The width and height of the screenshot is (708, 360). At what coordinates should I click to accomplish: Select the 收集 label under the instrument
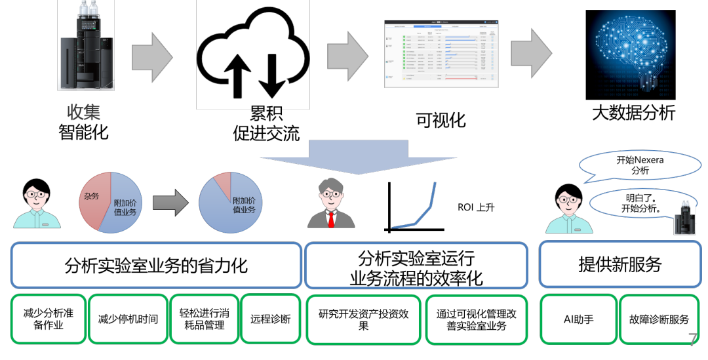(x=83, y=112)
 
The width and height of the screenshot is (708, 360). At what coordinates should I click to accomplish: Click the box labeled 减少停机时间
(x=128, y=319)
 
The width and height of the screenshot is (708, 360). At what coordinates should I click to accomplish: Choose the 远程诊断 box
(x=270, y=319)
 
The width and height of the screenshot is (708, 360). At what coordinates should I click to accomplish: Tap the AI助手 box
(x=578, y=319)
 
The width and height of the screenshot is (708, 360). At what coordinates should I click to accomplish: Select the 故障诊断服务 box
(x=659, y=319)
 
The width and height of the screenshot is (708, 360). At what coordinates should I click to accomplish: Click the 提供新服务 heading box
(x=619, y=264)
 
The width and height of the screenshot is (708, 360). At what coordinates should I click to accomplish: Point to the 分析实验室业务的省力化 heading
(x=156, y=265)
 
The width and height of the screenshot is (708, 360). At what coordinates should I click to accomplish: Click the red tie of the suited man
(x=332, y=219)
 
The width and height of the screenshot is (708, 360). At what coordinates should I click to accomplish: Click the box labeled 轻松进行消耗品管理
(x=205, y=319)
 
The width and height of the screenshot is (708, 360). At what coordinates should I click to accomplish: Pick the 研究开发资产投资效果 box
(x=363, y=319)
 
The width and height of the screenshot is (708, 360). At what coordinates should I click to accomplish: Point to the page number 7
(x=693, y=339)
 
